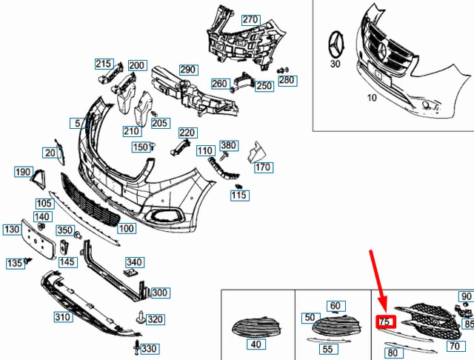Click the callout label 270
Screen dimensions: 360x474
coord(251,19)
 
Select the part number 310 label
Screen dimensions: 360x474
coord(62,318)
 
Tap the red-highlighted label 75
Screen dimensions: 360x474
coord(385,322)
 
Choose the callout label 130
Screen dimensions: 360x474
coord(13,230)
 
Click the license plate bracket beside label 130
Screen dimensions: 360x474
coord(36,238)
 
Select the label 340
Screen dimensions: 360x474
coord(135,262)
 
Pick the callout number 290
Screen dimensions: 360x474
coord(188,70)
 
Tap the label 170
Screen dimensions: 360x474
coord(263,167)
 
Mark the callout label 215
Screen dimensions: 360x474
coord(104,64)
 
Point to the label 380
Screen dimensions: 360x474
coord(229,145)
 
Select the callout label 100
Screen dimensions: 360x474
coord(126,229)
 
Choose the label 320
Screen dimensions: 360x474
coord(155,319)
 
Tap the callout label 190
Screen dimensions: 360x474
coord(23,173)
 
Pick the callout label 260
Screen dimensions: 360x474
coord(219,84)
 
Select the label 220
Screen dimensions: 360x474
coord(187,133)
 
